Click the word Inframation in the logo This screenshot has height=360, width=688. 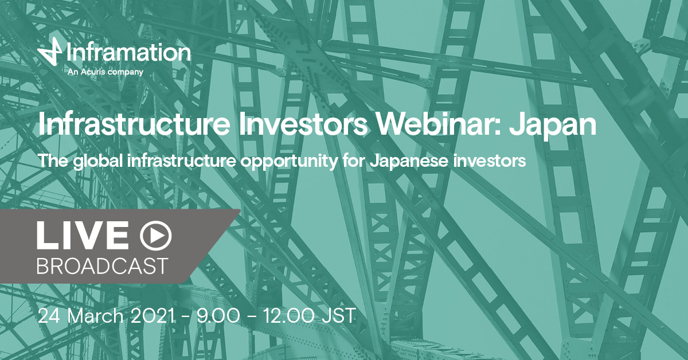[x=128, y=52]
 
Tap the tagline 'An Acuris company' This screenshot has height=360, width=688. [x=105, y=72]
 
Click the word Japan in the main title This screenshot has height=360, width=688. [x=553, y=126]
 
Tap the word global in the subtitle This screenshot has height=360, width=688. [x=98, y=161]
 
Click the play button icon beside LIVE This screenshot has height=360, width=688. [x=156, y=236]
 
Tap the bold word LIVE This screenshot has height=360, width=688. [x=83, y=235]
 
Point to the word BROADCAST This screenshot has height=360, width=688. [x=103, y=265]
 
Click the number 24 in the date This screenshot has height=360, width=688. [x=49, y=316]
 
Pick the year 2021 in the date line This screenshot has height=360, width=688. [x=153, y=316]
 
